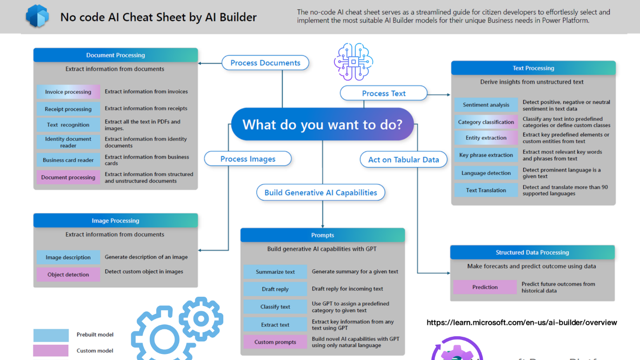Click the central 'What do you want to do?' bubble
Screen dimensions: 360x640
point(322,125)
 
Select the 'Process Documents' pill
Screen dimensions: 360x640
point(265,63)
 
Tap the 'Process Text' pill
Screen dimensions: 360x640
point(384,93)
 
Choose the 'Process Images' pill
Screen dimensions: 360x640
point(247,159)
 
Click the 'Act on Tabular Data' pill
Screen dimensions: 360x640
point(403,160)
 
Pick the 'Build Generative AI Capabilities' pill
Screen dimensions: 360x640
point(320,193)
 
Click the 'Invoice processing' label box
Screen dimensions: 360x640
point(68,92)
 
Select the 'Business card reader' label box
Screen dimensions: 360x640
point(68,160)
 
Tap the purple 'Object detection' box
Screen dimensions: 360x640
point(68,274)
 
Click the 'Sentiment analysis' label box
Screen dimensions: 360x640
point(486,105)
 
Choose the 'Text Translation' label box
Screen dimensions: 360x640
point(486,190)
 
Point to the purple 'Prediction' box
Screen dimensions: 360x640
point(485,287)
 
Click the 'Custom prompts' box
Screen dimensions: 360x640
point(275,342)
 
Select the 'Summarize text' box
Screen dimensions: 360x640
point(275,272)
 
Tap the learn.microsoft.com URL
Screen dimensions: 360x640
point(521,322)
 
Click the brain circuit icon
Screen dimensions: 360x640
point(353,62)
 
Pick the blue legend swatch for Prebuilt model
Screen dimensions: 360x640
point(51,335)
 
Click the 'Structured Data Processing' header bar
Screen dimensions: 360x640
point(532,253)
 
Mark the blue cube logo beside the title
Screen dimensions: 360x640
point(37,17)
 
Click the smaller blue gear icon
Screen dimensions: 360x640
point(201,319)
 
